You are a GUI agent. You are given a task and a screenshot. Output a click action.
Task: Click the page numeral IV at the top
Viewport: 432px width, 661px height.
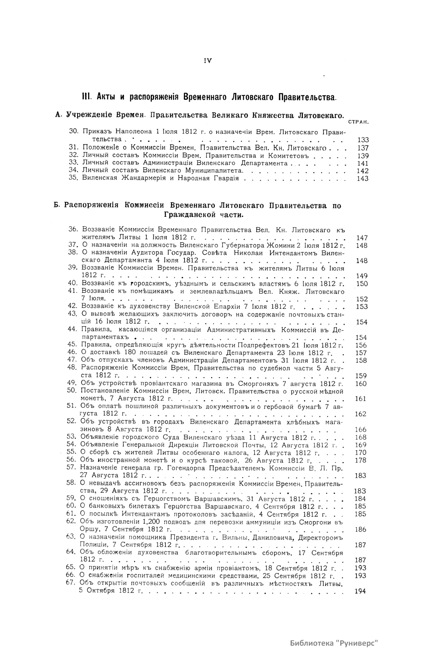(208, 61)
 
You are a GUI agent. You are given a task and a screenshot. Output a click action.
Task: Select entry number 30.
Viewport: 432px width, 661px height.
(74, 131)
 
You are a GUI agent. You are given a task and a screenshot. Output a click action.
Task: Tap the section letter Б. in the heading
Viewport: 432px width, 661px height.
(57, 206)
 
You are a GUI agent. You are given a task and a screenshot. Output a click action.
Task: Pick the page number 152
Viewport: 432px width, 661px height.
(362, 299)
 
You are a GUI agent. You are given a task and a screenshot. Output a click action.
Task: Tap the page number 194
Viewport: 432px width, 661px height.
(360, 591)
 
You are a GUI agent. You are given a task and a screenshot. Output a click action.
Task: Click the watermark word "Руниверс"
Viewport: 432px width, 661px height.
(357, 643)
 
